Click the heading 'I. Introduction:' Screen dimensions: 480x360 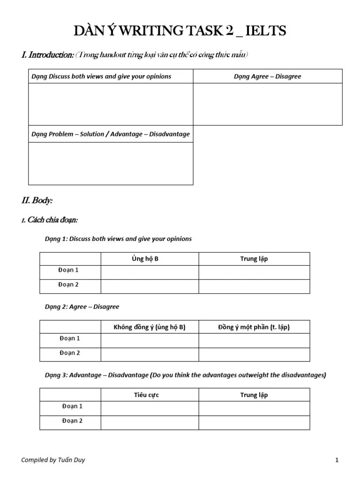[47, 55]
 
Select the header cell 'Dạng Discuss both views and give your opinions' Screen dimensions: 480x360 [101, 76]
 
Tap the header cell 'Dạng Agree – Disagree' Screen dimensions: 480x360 [267, 76]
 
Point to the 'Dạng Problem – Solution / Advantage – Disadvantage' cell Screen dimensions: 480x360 [111, 134]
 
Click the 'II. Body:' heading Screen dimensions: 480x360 [37, 201]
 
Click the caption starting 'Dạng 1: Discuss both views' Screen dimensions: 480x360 [118, 239]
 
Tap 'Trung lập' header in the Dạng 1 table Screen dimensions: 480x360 [254, 259]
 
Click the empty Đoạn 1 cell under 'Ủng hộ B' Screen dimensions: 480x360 [150, 272]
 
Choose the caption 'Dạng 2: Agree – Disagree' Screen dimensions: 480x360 [82, 307]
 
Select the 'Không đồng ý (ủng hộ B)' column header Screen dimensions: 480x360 [150, 327]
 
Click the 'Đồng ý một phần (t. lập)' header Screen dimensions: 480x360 [254, 327]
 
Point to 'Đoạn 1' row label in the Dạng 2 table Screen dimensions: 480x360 [70, 338]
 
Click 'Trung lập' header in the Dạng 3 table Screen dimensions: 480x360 [254, 395]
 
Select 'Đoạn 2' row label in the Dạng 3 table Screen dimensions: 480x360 [72, 421]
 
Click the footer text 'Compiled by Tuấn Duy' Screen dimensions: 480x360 [53, 460]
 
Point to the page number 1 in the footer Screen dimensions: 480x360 [337, 460]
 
